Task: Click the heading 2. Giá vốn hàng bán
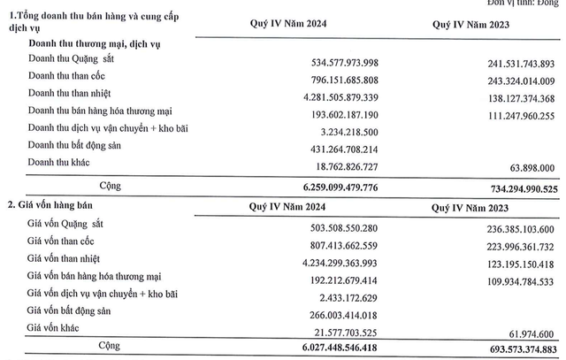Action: [51, 205]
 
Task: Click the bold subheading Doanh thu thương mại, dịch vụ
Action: [99, 42]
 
